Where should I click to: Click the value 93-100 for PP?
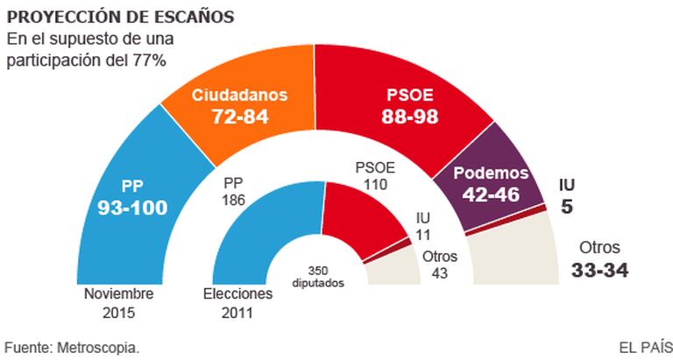[131, 207]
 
